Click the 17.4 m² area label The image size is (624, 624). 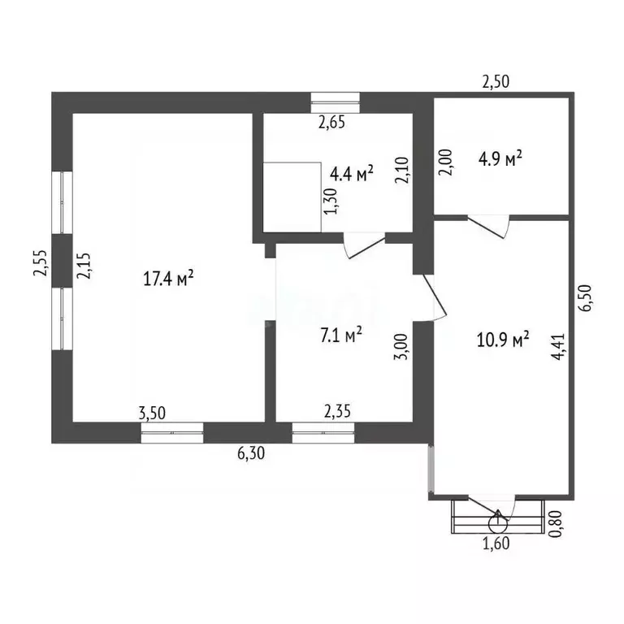(168, 278)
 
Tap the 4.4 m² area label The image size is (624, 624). (352, 174)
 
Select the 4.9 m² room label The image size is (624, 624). (500, 158)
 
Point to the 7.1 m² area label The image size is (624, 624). (341, 335)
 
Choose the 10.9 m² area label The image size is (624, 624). (503, 340)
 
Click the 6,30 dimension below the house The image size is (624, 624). (251, 453)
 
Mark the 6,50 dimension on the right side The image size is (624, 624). (585, 298)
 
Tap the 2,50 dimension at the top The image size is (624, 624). (496, 81)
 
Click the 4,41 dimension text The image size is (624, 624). (558, 347)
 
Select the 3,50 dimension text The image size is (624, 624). (152, 413)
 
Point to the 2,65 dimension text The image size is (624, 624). (331, 122)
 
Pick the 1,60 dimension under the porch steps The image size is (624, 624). (496, 544)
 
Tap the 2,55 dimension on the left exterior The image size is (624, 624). (40, 262)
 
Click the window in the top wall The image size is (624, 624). (335, 102)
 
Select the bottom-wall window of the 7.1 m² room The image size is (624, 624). (323, 432)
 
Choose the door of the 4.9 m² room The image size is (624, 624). (488, 227)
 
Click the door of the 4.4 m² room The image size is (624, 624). (365, 246)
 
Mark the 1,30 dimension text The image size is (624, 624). (331, 201)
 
